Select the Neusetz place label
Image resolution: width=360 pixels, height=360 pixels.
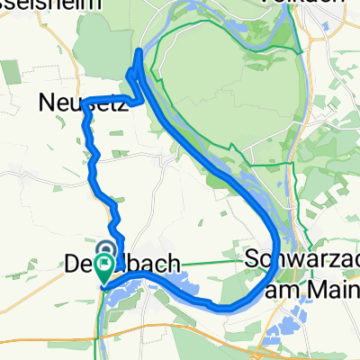pyautogui.click(x=76, y=104)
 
